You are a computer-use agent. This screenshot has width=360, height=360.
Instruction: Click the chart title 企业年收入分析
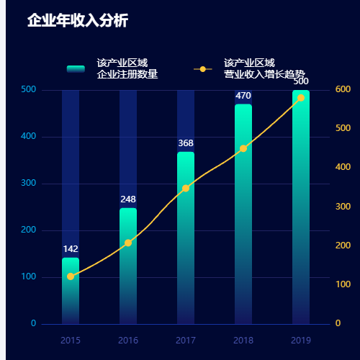(x=77, y=21)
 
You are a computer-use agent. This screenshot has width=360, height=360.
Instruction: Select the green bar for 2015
(x=71, y=292)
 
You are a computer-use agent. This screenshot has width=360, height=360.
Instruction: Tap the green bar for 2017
(x=186, y=238)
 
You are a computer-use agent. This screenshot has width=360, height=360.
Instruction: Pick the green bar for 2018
(x=243, y=216)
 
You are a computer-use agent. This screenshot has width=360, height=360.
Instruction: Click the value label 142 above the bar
(x=71, y=249)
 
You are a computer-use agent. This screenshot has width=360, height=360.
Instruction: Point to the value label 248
(x=128, y=199)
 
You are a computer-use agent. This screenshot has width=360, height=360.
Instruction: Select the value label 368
(x=186, y=143)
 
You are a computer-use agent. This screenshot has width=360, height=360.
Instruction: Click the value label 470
(x=243, y=96)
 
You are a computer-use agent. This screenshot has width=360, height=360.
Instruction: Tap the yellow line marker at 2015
(x=71, y=276)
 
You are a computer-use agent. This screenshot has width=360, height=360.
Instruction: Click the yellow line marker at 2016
(x=128, y=243)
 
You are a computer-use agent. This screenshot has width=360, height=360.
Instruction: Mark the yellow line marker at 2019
(x=301, y=97)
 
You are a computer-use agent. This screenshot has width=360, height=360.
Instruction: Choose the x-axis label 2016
(x=128, y=340)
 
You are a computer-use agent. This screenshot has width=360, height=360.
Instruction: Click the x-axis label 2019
(x=301, y=340)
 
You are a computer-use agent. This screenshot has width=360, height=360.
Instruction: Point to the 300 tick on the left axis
(x=29, y=184)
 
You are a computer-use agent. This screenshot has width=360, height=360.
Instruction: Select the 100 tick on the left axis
(x=29, y=277)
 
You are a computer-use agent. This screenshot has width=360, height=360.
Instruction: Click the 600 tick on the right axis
(x=343, y=89)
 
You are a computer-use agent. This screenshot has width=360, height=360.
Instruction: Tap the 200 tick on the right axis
(x=343, y=246)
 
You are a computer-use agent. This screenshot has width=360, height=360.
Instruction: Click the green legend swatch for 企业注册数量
(x=76, y=68)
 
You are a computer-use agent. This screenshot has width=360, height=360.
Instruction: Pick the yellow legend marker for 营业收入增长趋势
(x=202, y=69)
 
